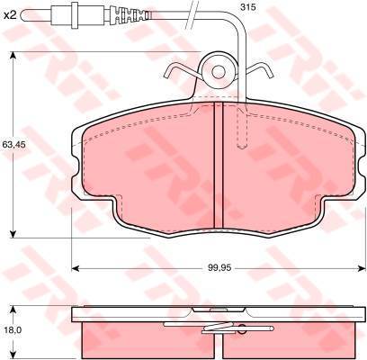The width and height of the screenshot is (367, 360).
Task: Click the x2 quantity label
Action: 10,15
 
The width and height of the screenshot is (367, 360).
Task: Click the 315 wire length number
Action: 248,7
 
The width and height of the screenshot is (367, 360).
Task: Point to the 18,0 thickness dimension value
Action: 11,330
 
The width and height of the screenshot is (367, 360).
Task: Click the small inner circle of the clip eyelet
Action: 219,72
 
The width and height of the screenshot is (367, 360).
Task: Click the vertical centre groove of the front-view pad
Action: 219,165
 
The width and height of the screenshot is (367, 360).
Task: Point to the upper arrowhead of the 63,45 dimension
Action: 13,56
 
